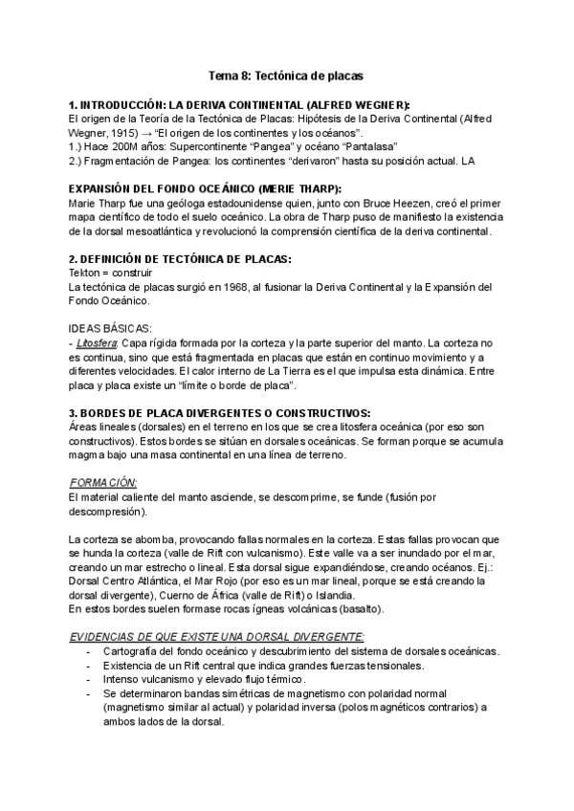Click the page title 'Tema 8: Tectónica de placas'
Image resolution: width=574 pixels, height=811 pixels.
pyautogui.click(x=286, y=74)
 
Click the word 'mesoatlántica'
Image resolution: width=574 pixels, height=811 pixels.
pyautogui.click(x=161, y=230)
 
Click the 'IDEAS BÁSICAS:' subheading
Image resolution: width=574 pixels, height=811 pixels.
pyautogui.click(x=112, y=327)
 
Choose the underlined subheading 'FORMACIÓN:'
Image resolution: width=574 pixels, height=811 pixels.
pyautogui.click(x=104, y=483)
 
